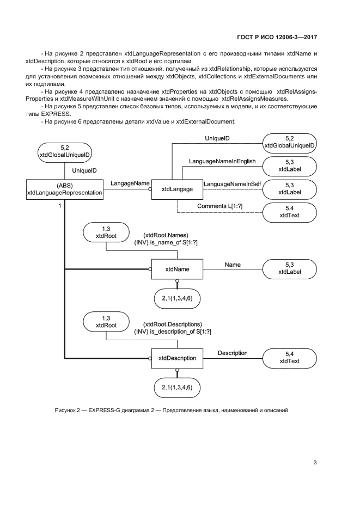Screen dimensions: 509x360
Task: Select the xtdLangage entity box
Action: [177, 188]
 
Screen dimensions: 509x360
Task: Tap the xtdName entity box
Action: [177, 269]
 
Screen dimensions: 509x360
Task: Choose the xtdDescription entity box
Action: [177, 358]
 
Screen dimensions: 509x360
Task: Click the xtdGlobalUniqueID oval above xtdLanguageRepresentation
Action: [64, 151]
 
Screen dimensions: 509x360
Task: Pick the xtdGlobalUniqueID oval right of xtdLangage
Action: [290, 142]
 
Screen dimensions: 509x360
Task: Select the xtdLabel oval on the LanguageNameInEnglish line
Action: [290, 166]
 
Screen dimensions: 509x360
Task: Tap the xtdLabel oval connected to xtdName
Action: [290, 268]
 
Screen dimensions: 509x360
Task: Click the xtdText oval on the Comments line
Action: [290, 212]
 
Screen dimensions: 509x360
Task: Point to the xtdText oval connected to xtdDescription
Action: [290, 358]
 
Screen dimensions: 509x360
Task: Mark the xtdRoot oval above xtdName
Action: [106, 232]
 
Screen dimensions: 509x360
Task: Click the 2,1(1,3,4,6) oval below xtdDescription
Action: [177, 387]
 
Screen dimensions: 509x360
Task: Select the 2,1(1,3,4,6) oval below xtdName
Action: [177, 298]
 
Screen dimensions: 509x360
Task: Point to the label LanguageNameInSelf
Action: [233, 185]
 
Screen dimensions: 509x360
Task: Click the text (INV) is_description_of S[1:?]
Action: [173, 332]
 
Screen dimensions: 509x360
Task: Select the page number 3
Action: [315, 463]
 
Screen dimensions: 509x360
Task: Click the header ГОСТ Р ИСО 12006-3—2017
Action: [277, 38]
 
